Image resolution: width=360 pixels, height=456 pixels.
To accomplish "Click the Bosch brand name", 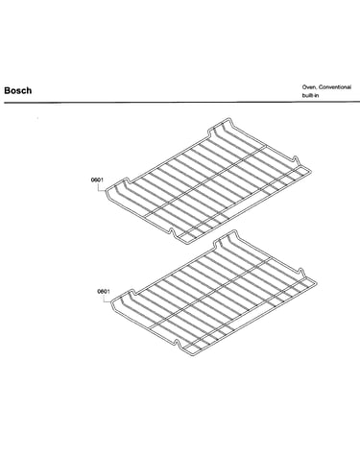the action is click(18, 90).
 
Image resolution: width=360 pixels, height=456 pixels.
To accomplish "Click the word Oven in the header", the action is click(309, 87).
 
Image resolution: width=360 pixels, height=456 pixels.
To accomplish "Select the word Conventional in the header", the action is click(335, 87).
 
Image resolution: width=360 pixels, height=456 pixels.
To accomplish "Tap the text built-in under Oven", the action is click(310, 95).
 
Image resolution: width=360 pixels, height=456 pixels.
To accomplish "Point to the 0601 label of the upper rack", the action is click(97, 180).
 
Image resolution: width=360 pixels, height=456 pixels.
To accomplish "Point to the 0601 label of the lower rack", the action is click(104, 292).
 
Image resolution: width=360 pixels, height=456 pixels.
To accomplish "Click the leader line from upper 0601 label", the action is click(101, 188).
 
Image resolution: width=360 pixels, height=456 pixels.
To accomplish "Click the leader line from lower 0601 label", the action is click(106, 299).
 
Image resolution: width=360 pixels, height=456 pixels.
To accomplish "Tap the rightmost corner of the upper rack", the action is click(310, 171).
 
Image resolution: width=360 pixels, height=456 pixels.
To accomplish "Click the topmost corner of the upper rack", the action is click(228, 119).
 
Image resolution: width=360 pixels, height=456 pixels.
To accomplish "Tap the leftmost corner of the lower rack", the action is click(112, 302).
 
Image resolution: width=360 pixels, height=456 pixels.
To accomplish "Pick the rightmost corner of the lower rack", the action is click(316, 283).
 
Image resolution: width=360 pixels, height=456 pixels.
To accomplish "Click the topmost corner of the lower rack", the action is click(234, 230).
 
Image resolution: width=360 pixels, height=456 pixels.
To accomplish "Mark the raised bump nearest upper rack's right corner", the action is click(296, 158).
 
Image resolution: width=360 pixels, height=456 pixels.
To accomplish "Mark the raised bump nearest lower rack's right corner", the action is click(301, 270).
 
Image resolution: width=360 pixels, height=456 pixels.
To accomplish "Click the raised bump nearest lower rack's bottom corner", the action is click(177, 342).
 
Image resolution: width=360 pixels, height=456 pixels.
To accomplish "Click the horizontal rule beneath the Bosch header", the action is click(181, 103).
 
